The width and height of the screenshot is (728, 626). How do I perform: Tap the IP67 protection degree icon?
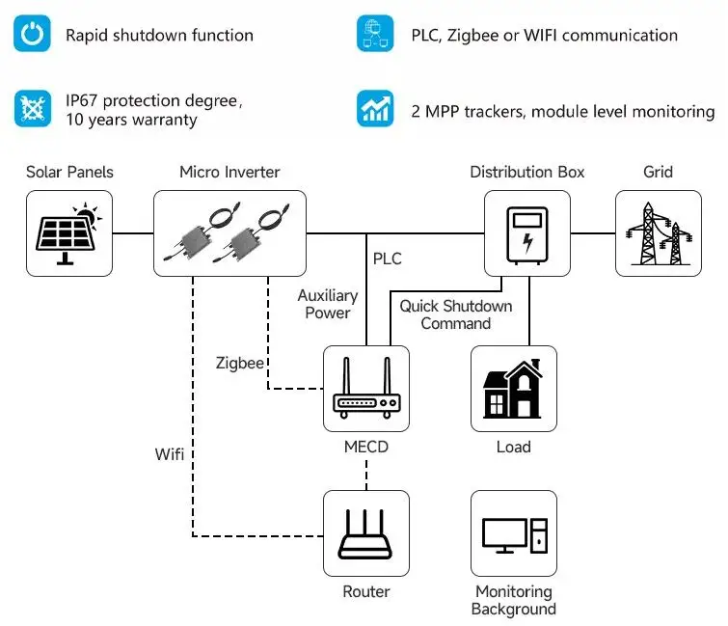pos(33,108)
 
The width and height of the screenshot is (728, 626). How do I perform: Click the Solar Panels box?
pos(68,233)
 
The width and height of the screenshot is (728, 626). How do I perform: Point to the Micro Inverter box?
pos(229,233)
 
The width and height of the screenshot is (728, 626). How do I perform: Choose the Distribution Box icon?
pos(526,233)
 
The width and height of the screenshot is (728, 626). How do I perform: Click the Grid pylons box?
pos(659,233)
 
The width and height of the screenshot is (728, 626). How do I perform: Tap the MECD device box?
pos(366,389)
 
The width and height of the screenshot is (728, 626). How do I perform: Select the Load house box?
pos(513,389)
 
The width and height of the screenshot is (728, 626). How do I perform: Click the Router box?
pos(366,533)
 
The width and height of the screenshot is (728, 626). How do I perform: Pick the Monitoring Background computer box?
pos(513,533)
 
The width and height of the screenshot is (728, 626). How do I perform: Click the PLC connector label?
pos(387,259)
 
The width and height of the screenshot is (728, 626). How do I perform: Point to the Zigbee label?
pos(240,363)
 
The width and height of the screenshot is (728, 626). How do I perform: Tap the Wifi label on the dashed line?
pos(170,452)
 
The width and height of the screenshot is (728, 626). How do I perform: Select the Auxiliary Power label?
pos(327,304)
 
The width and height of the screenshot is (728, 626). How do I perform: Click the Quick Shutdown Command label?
pos(456,314)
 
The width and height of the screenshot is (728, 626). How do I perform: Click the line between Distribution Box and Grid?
pos(592,233)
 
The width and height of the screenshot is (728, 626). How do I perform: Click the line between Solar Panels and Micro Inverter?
pos(132,233)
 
